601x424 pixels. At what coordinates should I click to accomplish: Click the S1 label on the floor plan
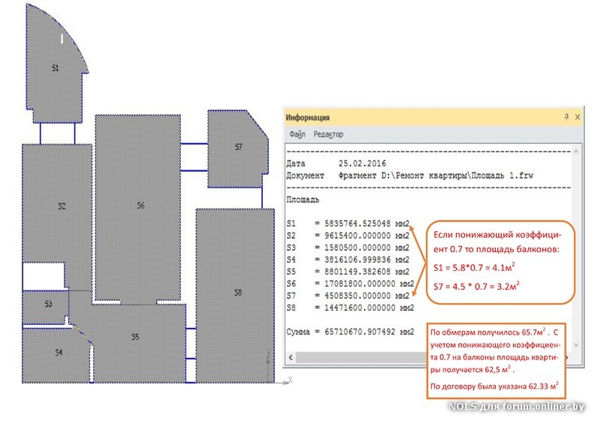coord(55,68)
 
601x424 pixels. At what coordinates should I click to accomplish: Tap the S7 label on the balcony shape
coord(238,148)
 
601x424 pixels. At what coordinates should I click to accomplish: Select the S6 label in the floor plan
coord(140,206)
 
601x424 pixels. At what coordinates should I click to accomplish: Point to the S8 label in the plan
coord(237,292)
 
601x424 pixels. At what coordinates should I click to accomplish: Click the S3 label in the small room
coord(48,304)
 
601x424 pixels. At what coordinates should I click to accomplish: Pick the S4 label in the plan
coord(59,352)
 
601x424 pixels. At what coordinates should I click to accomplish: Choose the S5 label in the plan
coord(135,337)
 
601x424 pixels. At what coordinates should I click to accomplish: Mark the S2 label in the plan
coord(62,206)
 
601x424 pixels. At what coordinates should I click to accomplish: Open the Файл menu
coord(297,134)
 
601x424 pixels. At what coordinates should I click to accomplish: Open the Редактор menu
coord(328,134)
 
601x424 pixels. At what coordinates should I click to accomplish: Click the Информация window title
coord(309,118)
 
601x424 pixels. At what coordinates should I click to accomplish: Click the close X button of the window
coord(576,118)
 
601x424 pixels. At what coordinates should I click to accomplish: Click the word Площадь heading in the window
coord(304,200)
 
